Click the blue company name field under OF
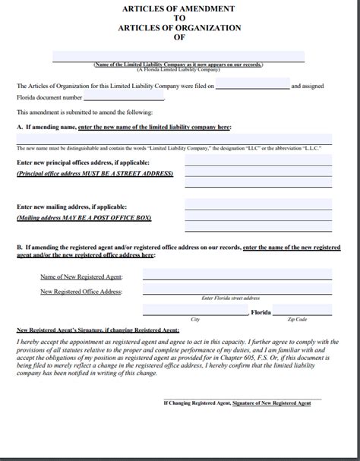[179, 56]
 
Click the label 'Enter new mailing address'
[71, 207]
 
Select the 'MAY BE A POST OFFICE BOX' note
[108, 216]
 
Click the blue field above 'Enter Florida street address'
[236, 291]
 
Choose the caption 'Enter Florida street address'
[236, 298]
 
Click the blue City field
[195, 310]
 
